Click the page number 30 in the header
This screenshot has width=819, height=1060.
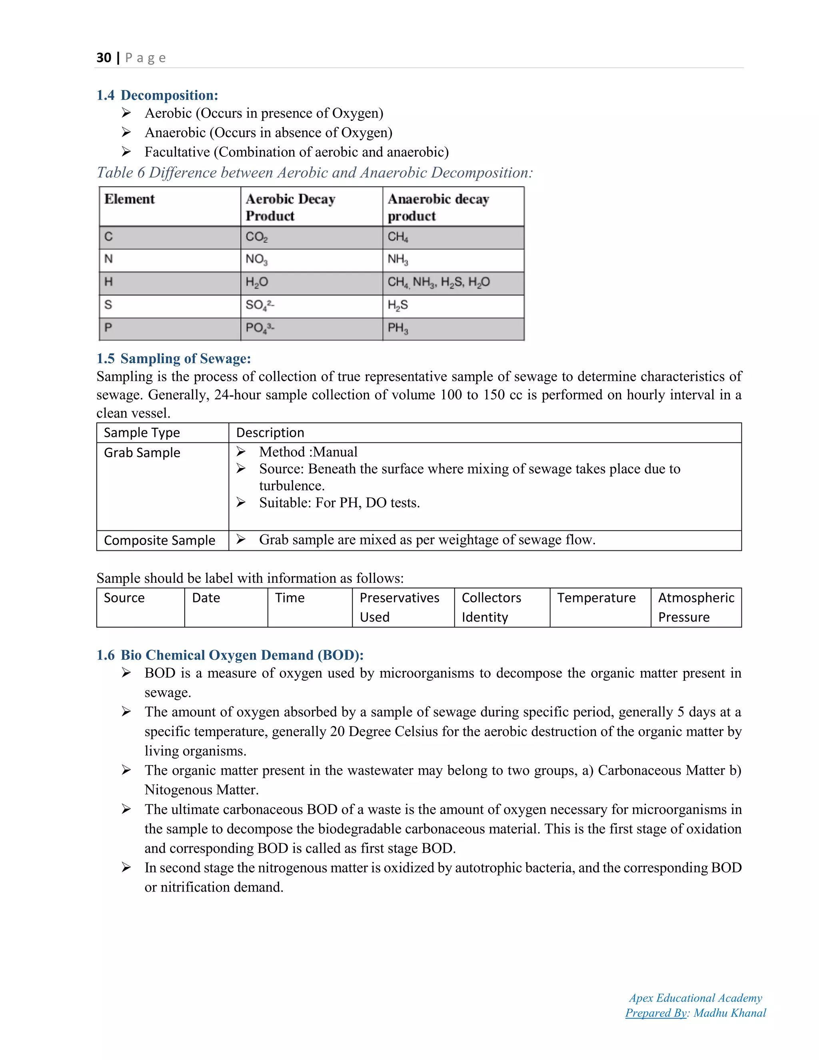[104, 58]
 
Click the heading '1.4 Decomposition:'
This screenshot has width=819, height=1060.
[157, 95]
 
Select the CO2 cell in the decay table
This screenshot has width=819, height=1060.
[257, 237]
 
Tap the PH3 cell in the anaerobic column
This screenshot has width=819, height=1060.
[398, 328]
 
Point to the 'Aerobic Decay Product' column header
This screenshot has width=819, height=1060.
[290, 207]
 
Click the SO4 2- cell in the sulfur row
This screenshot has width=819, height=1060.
[260, 305]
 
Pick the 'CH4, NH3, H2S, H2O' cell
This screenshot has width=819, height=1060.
[439, 282]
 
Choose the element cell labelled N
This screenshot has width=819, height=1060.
[109, 259]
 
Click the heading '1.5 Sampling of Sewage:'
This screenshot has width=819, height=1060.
[174, 359]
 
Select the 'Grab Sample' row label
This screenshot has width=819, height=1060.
[142, 453]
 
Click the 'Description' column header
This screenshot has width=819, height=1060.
[270, 433]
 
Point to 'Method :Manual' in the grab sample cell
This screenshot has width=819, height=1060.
[308, 452]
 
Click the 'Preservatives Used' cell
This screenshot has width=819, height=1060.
[400, 607]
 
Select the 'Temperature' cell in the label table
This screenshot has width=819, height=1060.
[596, 598]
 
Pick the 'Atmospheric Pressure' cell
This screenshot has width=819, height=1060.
[696, 607]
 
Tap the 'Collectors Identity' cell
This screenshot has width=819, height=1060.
[491, 607]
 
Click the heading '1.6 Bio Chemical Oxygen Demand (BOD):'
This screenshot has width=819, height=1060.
[230, 655]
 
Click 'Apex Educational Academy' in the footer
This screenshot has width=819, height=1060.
[695, 998]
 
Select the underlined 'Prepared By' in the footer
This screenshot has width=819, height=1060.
[656, 1013]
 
